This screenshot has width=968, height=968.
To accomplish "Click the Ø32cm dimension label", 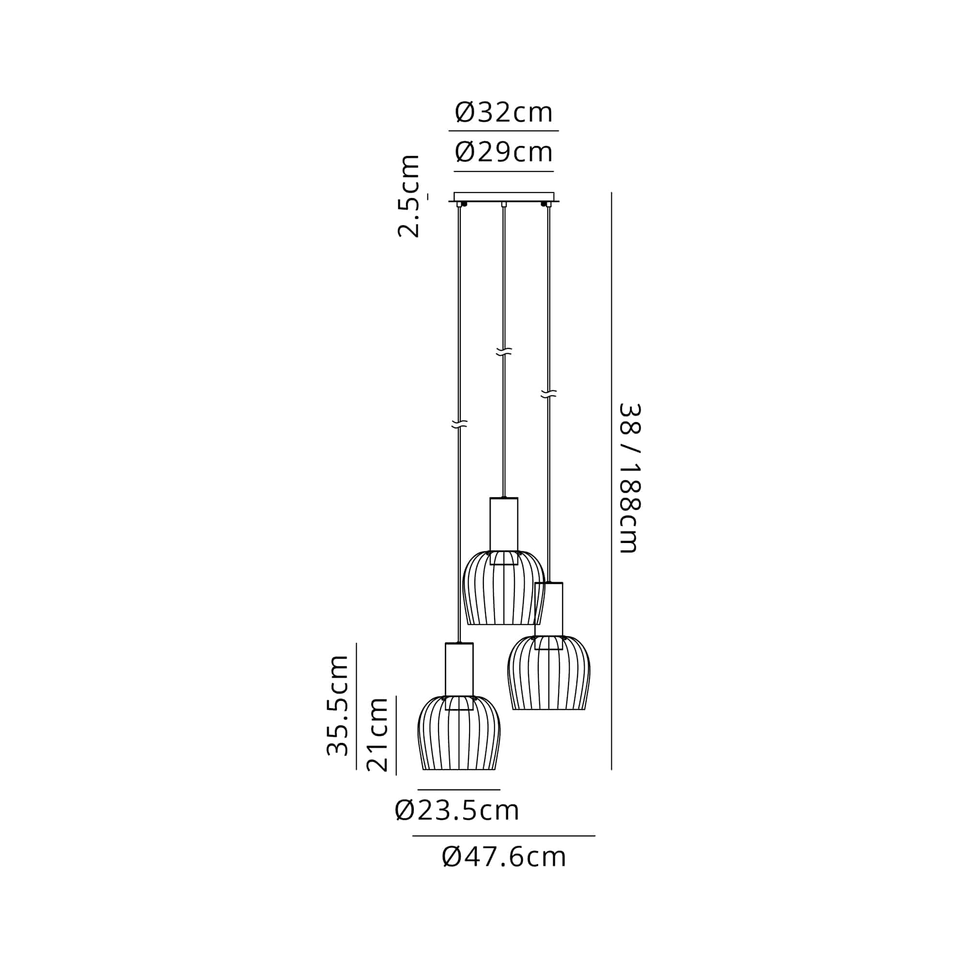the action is tap(503, 112).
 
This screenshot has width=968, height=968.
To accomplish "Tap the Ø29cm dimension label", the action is tap(503, 152).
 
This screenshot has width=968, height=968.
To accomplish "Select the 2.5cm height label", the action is tap(408, 196).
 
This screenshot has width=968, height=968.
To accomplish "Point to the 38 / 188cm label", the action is tap(630, 478).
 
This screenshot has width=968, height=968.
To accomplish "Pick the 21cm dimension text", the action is tap(378, 735).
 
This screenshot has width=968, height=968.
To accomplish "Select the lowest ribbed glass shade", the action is tap(459, 732).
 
